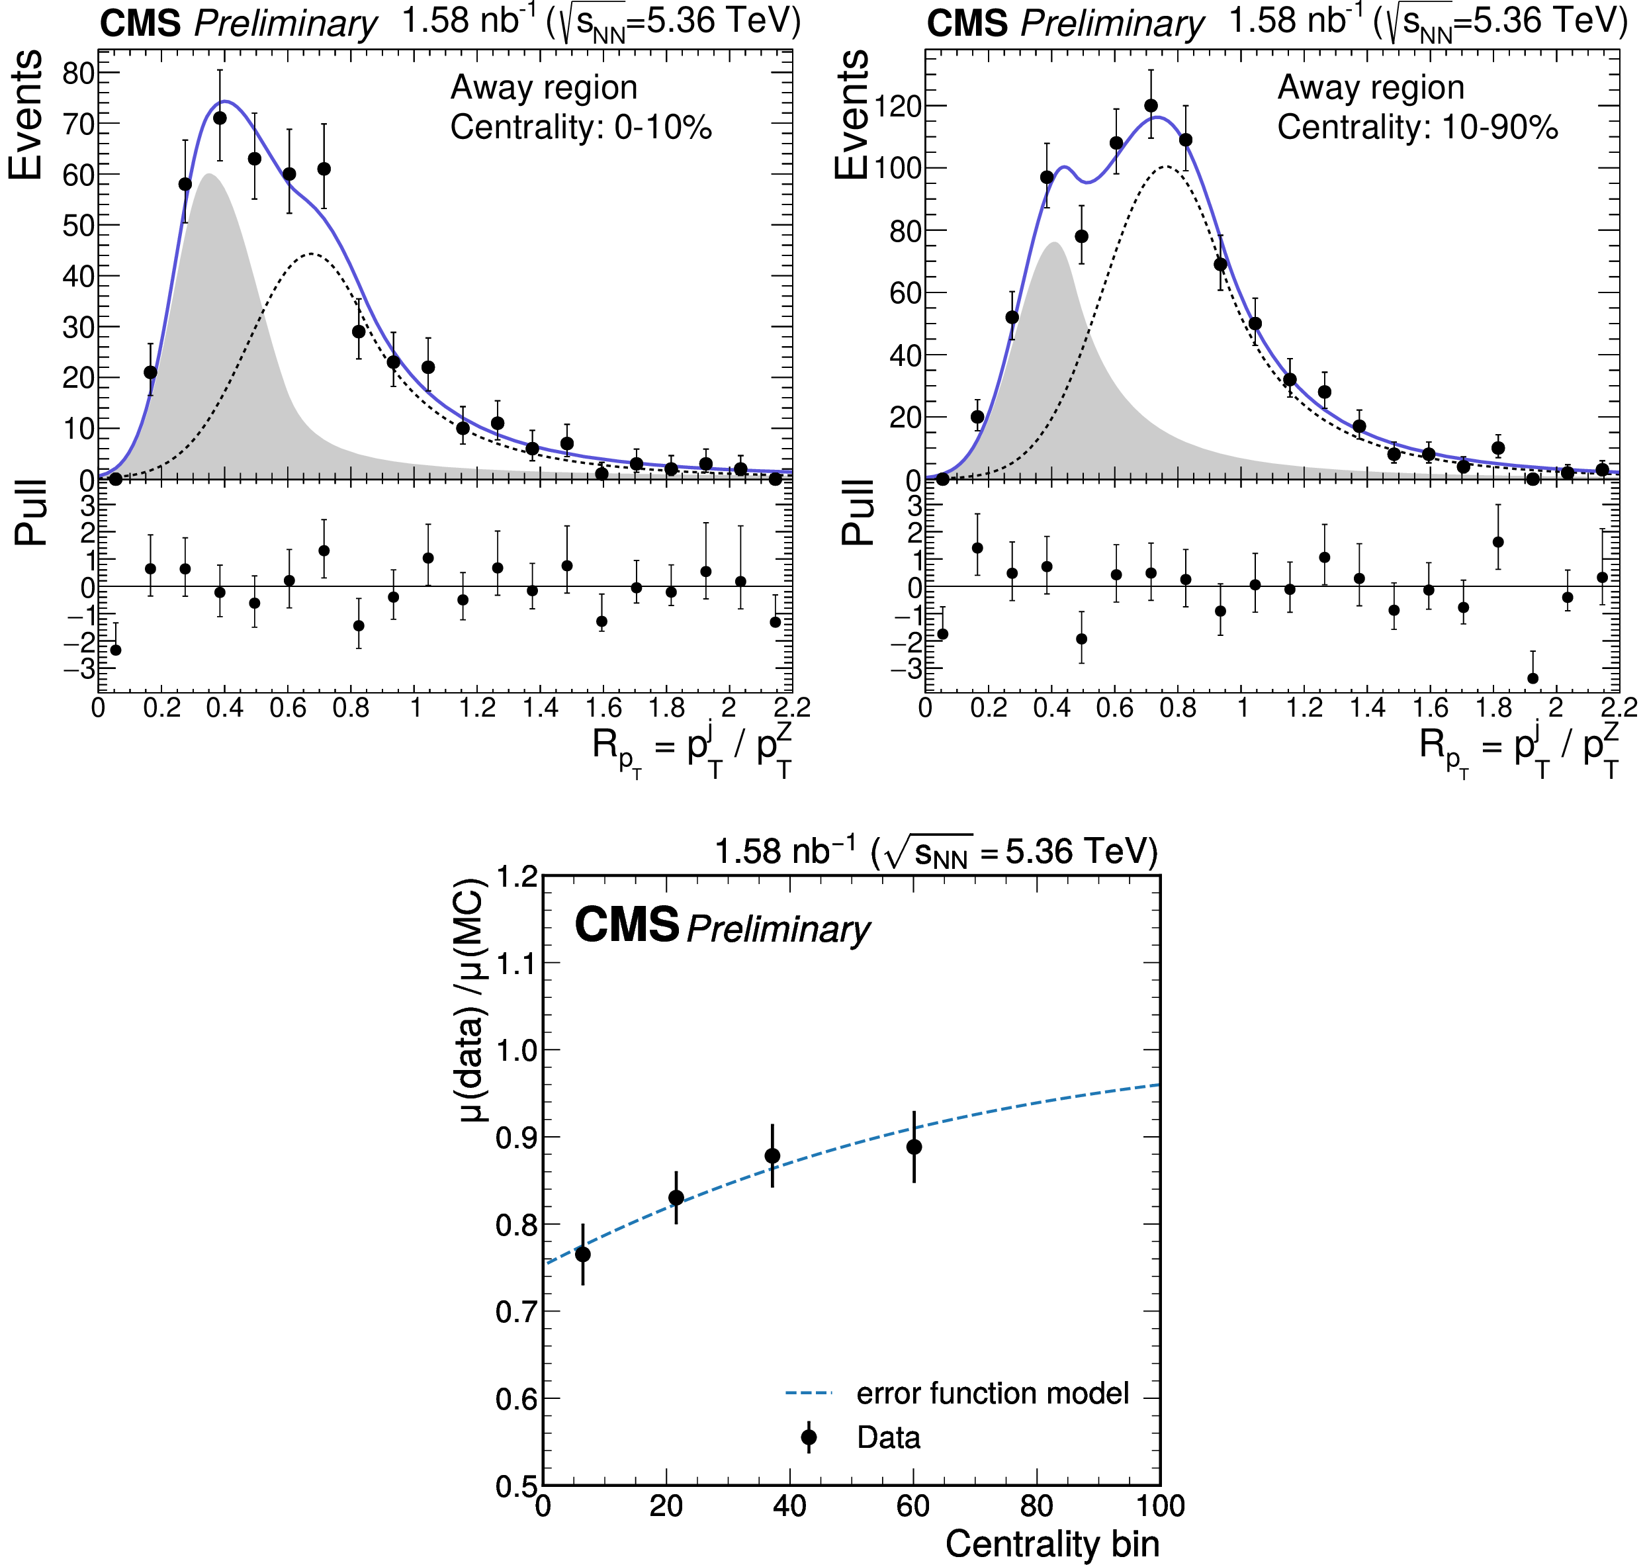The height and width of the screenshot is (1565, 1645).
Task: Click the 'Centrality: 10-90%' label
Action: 1417,128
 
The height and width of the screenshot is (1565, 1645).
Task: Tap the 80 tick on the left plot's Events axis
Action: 79,73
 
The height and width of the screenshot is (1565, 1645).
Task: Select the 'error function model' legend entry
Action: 992,1393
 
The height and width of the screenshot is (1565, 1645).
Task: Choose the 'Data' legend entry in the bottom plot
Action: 889,1437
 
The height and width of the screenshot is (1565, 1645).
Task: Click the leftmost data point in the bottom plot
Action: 583,1254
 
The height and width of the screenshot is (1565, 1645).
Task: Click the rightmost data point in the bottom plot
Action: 914,1147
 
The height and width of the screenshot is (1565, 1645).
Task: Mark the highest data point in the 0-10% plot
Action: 220,118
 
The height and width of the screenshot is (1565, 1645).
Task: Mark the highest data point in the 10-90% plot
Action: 1151,106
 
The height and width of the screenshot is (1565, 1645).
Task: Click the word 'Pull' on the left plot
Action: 32,513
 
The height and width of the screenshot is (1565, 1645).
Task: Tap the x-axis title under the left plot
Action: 691,746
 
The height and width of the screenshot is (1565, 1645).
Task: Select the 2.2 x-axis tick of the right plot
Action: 1619,708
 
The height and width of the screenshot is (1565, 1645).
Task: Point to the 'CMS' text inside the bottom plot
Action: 627,925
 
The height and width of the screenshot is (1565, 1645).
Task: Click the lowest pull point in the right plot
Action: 1533,678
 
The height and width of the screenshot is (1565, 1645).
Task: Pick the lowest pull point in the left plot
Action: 116,650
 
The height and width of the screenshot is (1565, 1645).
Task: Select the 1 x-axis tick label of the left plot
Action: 416,708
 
